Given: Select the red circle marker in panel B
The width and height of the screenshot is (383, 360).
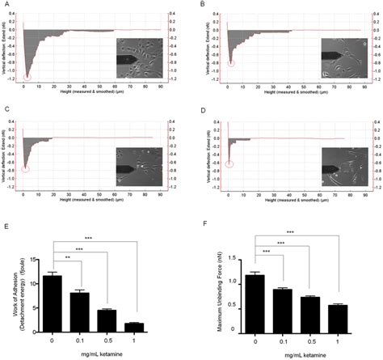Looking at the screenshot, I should tap(232, 62).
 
